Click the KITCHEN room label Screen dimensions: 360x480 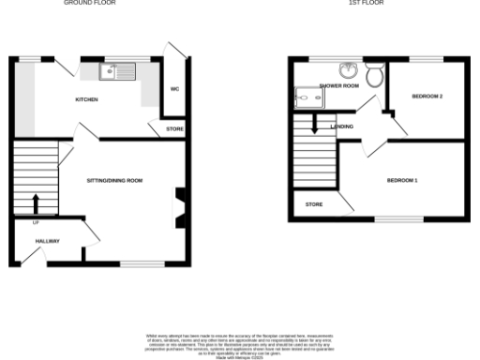tap(87, 99)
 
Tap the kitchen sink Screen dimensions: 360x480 tap(119, 69)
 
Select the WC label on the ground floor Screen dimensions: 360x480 tap(174, 89)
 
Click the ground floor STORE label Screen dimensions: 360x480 tap(175, 128)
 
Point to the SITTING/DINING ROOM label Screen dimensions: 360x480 tap(114, 180)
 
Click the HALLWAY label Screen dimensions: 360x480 tap(48, 241)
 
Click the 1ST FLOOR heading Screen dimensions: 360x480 tap(366, 3)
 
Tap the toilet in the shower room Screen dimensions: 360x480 tap(374, 75)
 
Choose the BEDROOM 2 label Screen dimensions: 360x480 tap(427, 97)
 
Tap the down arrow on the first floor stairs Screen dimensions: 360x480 tap(315, 122)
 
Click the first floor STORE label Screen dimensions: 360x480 tap(314, 202)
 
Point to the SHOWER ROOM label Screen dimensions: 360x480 tap(339, 85)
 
